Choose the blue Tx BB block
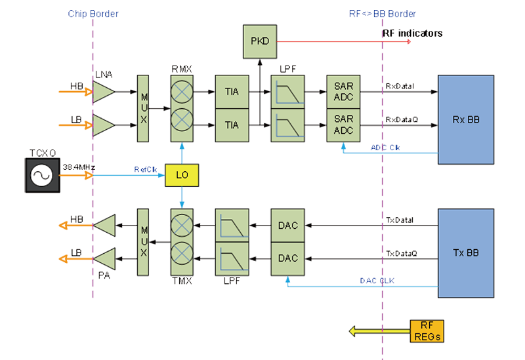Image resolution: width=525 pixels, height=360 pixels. pyautogui.click(x=466, y=252)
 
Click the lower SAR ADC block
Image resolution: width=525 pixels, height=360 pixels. pyautogui.click(x=343, y=125)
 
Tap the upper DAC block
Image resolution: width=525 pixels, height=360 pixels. pyautogui.click(x=287, y=226)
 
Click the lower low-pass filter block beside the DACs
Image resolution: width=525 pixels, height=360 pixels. pyautogui.click(x=232, y=258)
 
